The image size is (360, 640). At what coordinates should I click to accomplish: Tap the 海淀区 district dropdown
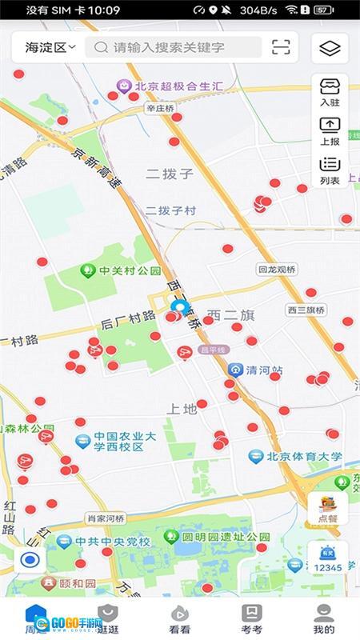pyautogui.click(x=50, y=47)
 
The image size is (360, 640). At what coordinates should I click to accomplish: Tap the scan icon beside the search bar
pyautogui.click(x=281, y=47)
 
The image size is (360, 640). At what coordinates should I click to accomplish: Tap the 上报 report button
pyautogui.click(x=330, y=130)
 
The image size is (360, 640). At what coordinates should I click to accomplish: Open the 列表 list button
pyautogui.click(x=330, y=170)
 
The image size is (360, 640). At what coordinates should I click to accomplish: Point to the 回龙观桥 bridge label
pyautogui.click(x=278, y=270)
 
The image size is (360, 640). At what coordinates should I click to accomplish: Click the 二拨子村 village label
pyautogui.click(x=170, y=210)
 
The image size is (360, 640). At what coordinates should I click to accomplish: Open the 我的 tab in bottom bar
pyautogui.click(x=323, y=618)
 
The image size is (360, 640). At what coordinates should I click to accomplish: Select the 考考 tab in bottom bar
pyautogui.click(x=251, y=618)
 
